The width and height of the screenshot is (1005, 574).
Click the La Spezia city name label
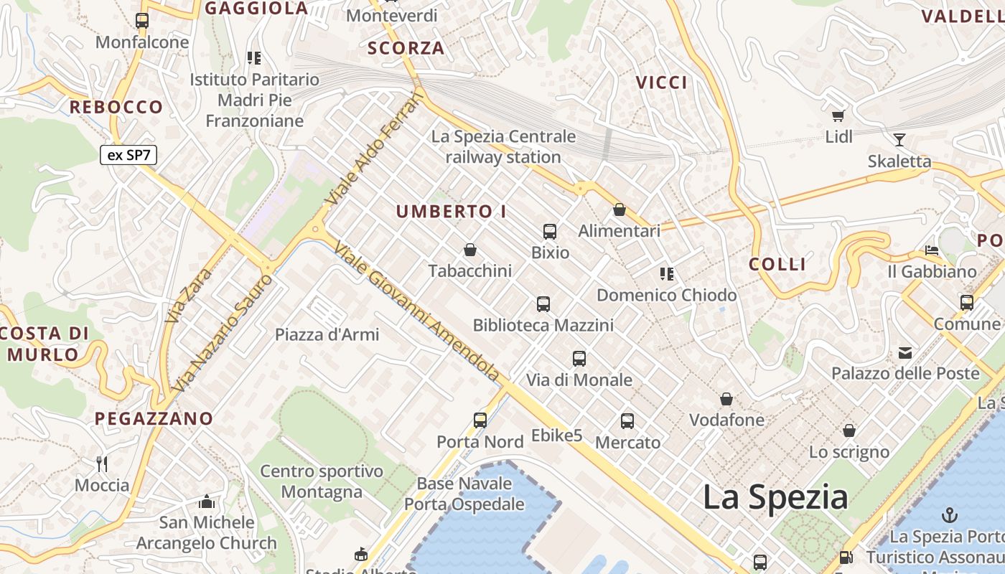tap(775, 497)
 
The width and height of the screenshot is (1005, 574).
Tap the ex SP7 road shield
tap(128, 155)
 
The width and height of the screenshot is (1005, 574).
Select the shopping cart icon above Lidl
tap(837, 116)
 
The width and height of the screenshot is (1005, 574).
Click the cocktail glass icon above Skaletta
tap(899, 140)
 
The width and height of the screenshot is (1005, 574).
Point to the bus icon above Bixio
tap(550, 232)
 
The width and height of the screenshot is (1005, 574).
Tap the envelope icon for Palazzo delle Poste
tap(904, 352)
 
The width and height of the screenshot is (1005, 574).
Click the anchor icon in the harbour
tap(950, 514)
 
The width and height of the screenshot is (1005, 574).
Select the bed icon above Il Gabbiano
tap(932, 251)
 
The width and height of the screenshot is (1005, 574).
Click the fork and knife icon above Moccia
tap(102, 464)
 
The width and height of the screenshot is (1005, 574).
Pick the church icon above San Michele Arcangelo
tap(207, 501)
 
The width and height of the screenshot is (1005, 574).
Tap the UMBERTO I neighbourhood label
tap(452, 212)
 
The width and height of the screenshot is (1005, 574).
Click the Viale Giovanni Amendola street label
tap(417, 311)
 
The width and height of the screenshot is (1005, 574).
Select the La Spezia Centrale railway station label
tap(503, 146)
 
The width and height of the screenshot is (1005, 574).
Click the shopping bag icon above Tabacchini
tap(470, 250)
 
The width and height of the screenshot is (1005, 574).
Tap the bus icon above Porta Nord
tap(480, 420)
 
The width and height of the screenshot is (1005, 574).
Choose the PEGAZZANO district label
tap(154, 418)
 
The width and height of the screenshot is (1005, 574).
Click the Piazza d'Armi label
tap(327, 334)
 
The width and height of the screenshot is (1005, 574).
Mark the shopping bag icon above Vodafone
tap(726, 399)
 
